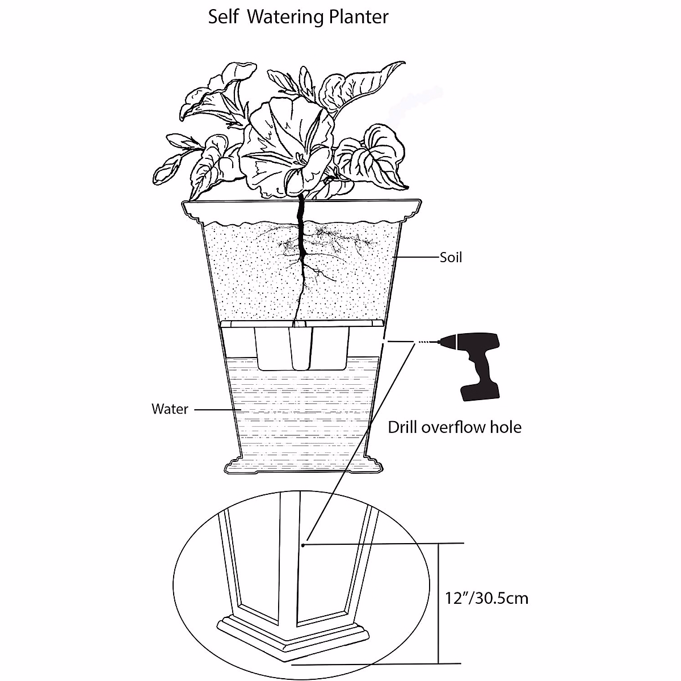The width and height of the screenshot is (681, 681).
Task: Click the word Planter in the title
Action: point(359,17)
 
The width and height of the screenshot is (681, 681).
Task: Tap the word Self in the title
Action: point(220,16)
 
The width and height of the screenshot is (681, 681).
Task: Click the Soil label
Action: point(451,258)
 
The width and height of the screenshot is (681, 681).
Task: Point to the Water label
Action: point(170,409)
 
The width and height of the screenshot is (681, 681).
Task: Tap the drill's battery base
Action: point(480,392)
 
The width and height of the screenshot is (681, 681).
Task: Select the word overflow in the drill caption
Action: point(454,427)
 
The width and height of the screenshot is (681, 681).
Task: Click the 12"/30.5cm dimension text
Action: point(486,598)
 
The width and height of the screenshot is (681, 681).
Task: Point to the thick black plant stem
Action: point(301,227)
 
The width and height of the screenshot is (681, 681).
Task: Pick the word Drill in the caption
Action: point(403,427)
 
